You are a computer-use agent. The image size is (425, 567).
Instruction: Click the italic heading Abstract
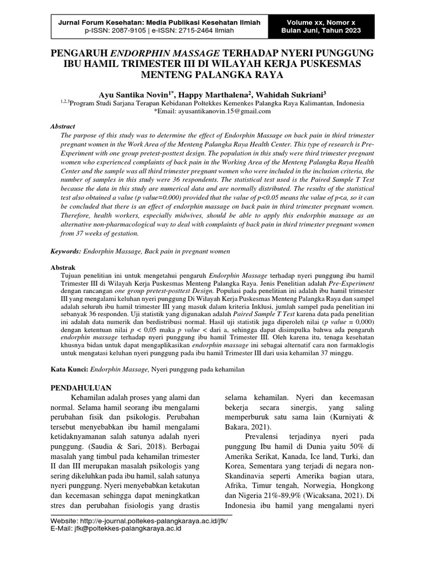pos(63,126)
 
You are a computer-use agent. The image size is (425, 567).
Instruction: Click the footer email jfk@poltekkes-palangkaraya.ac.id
pos(131,528)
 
